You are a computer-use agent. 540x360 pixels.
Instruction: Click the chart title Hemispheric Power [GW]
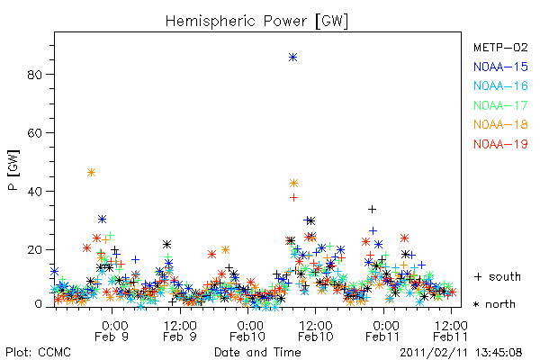tap(256, 21)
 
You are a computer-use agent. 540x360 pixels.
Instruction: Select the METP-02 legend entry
tap(500, 47)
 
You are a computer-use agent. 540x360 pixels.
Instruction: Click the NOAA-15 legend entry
tap(500, 67)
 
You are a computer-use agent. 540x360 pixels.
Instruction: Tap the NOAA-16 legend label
tap(500, 85)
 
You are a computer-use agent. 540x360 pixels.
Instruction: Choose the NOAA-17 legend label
tap(500, 105)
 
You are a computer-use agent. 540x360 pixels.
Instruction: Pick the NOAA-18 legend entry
tap(500, 124)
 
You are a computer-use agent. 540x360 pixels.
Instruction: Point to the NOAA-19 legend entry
tap(500, 144)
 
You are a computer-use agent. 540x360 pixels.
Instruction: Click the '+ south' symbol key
tap(498, 276)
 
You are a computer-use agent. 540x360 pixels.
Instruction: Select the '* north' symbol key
tap(494, 304)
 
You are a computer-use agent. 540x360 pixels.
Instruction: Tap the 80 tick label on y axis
tap(34, 75)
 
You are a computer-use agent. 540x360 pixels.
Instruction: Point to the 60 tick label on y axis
tap(34, 133)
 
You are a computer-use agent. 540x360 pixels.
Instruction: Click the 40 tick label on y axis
tap(34, 191)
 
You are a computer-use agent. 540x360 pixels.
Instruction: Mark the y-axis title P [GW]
tap(13, 170)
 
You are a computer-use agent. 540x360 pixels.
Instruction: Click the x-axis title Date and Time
tap(257, 353)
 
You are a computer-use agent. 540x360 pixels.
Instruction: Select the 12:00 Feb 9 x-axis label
tap(180, 331)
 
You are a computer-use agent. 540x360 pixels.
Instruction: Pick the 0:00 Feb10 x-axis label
tap(247, 331)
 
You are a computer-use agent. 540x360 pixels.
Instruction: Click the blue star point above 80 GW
tap(292, 58)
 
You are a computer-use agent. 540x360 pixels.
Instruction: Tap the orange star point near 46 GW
tap(91, 172)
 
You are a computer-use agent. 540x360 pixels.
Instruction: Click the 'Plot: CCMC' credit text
tap(38, 353)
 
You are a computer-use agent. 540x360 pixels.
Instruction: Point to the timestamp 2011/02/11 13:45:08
tap(461, 353)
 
